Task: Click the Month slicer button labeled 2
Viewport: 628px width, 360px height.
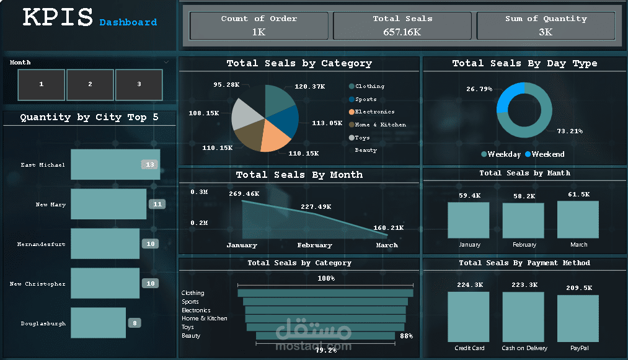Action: click(90, 84)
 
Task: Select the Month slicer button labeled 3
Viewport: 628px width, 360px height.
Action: click(139, 84)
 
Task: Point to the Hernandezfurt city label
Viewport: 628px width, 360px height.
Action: click(41, 244)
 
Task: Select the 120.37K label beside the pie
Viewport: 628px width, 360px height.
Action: click(309, 87)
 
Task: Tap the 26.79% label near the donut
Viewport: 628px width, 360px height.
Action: click(479, 89)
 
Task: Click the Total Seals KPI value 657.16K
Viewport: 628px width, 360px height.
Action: click(402, 32)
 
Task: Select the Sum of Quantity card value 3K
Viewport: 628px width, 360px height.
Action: click(546, 32)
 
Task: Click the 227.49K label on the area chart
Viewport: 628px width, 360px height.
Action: click(316, 206)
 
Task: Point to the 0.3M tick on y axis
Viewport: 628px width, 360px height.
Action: click(199, 192)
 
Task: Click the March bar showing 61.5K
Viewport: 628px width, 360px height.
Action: click(578, 219)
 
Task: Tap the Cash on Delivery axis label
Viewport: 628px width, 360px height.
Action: click(524, 348)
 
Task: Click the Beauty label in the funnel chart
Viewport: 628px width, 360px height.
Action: click(191, 336)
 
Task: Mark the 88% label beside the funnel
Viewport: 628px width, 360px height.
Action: click(406, 336)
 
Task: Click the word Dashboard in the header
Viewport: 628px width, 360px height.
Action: click(128, 22)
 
